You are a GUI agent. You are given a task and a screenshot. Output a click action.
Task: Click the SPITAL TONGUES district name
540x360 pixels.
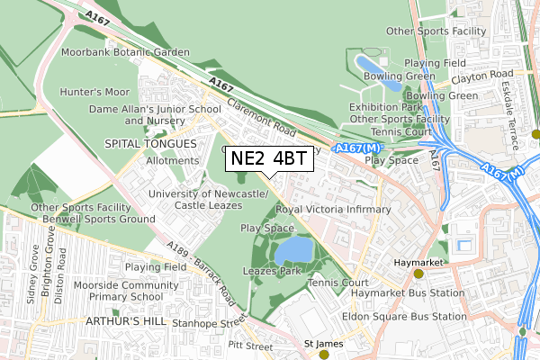click(149, 143)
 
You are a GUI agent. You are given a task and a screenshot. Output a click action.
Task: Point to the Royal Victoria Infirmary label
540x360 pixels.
click(333, 209)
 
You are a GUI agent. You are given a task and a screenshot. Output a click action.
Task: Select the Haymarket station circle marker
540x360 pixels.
click(418, 274)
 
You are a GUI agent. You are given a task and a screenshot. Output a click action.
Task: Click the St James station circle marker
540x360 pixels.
click(324, 355)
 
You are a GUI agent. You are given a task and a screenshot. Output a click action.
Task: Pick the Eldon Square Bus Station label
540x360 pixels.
click(404, 317)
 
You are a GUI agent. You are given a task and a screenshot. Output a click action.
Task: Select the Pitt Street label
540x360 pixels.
click(250, 346)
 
